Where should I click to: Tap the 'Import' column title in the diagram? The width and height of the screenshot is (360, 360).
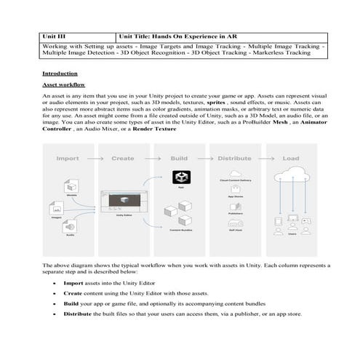pos(67,158)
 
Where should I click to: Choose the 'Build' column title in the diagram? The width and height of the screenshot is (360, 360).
pos(179,158)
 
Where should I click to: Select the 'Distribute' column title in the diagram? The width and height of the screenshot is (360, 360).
pos(235,158)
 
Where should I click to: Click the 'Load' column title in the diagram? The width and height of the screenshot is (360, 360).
pos(290,158)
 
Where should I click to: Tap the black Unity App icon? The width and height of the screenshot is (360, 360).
pos(180,177)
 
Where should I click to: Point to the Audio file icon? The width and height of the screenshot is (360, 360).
pos(71,226)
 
